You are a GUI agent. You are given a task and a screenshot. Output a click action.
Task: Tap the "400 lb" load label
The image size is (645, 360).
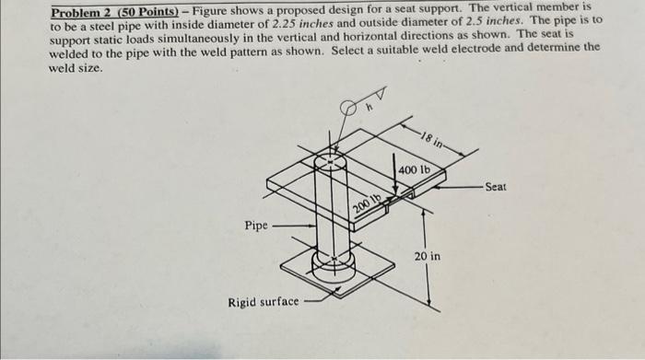[x=414, y=170]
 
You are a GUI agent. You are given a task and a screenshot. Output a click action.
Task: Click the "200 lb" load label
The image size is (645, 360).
[x=367, y=203]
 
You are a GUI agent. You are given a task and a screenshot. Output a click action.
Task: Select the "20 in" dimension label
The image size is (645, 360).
[x=426, y=256]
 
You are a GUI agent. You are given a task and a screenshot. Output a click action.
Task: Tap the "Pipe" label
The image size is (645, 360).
[x=256, y=224]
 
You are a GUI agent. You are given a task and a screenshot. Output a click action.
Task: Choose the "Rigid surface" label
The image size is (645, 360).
[x=264, y=302]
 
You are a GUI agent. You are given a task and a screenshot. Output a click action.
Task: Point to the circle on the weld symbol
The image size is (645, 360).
[x=347, y=109]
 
